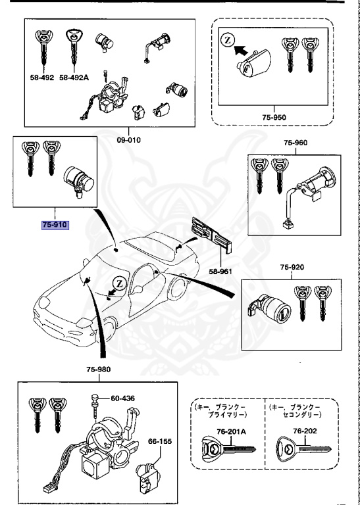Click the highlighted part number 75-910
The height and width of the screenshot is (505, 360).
(55, 224)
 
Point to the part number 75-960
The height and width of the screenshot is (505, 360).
(295, 142)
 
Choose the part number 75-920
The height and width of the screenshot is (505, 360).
(292, 268)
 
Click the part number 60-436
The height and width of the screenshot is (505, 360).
(122, 398)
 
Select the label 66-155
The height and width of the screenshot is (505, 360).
(159, 441)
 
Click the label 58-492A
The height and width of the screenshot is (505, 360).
(74, 77)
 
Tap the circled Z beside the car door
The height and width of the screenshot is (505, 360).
(119, 283)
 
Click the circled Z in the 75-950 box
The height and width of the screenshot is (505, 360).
(227, 40)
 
